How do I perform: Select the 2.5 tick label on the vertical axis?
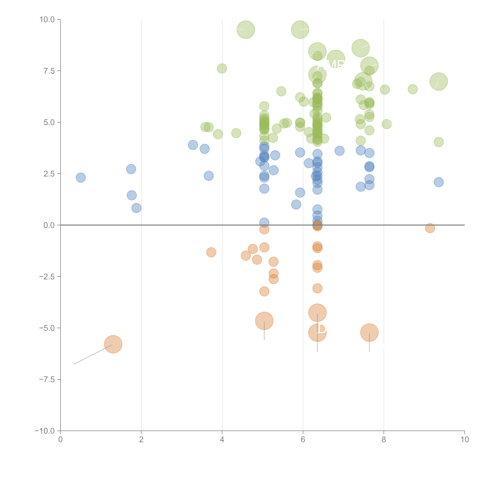[49, 174]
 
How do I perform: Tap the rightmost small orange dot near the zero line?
[430, 228]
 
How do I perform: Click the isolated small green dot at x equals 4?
[222, 68]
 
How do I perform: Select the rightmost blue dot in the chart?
[439, 182]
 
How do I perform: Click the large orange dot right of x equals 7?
[369, 332]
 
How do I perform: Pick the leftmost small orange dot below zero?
[211, 252]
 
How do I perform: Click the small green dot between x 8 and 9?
[413, 89]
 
